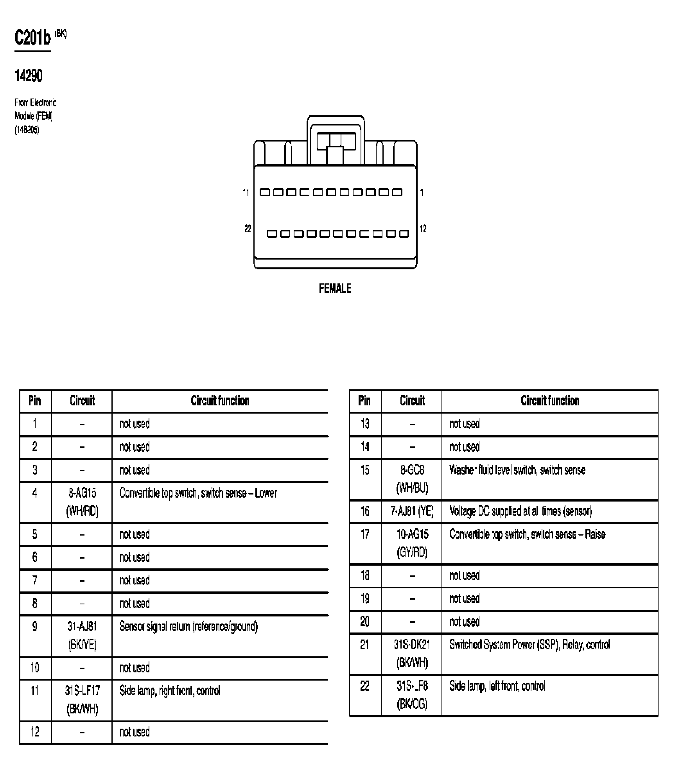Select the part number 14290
tap(28, 75)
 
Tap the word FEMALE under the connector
tap(335, 289)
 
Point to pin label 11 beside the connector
tap(246, 193)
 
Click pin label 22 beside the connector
tap(248, 229)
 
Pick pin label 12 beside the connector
tap(423, 229)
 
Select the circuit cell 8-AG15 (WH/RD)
tap(82, 502)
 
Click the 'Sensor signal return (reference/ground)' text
tap(188, 627)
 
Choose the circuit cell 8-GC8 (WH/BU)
tap(412, 479)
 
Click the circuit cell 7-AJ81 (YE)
tap(412, 511)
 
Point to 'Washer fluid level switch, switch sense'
tap(517, 470)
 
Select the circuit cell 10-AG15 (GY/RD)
tap(412, 543)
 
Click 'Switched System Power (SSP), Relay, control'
tap(529, 645)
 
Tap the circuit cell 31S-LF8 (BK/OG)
tap(412, 695)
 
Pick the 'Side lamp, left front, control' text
tap(497, 686)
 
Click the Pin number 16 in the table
tap(365, 511)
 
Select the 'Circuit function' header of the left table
tap(220, 401)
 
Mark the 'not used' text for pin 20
tap(464, 622)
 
